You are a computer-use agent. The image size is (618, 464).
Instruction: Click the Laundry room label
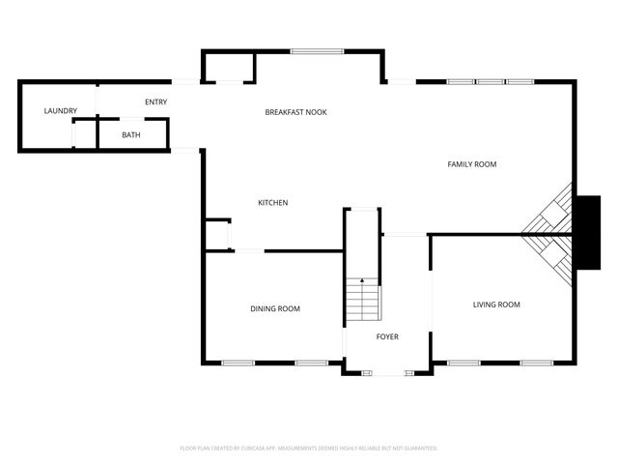(x=60, y=111)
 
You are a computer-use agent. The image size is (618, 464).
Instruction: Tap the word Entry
(x=155, y=101)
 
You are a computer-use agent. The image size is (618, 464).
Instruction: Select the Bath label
(x=130, y=134)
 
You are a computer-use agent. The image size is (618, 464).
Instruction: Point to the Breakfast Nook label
(x=295, y=112)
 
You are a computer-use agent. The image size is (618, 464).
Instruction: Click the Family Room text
(x=471, y=164)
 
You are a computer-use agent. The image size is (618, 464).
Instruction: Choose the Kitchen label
(x=272, y=202)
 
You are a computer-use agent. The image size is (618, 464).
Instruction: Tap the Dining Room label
(x=275, y=308)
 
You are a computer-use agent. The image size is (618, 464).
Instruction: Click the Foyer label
(x=387, y=336)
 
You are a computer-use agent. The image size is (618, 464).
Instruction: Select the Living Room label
(x=496, y=304)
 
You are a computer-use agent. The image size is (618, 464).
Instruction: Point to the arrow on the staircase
(x=363, y=282)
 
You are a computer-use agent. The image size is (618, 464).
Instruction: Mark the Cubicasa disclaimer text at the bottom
(x=309, y=448)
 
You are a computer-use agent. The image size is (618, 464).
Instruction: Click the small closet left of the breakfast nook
(x=229, y=68)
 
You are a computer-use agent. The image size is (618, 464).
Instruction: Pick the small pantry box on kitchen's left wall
(x=216, y=235)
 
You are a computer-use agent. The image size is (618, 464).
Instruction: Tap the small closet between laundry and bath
(x=85, y=133)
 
